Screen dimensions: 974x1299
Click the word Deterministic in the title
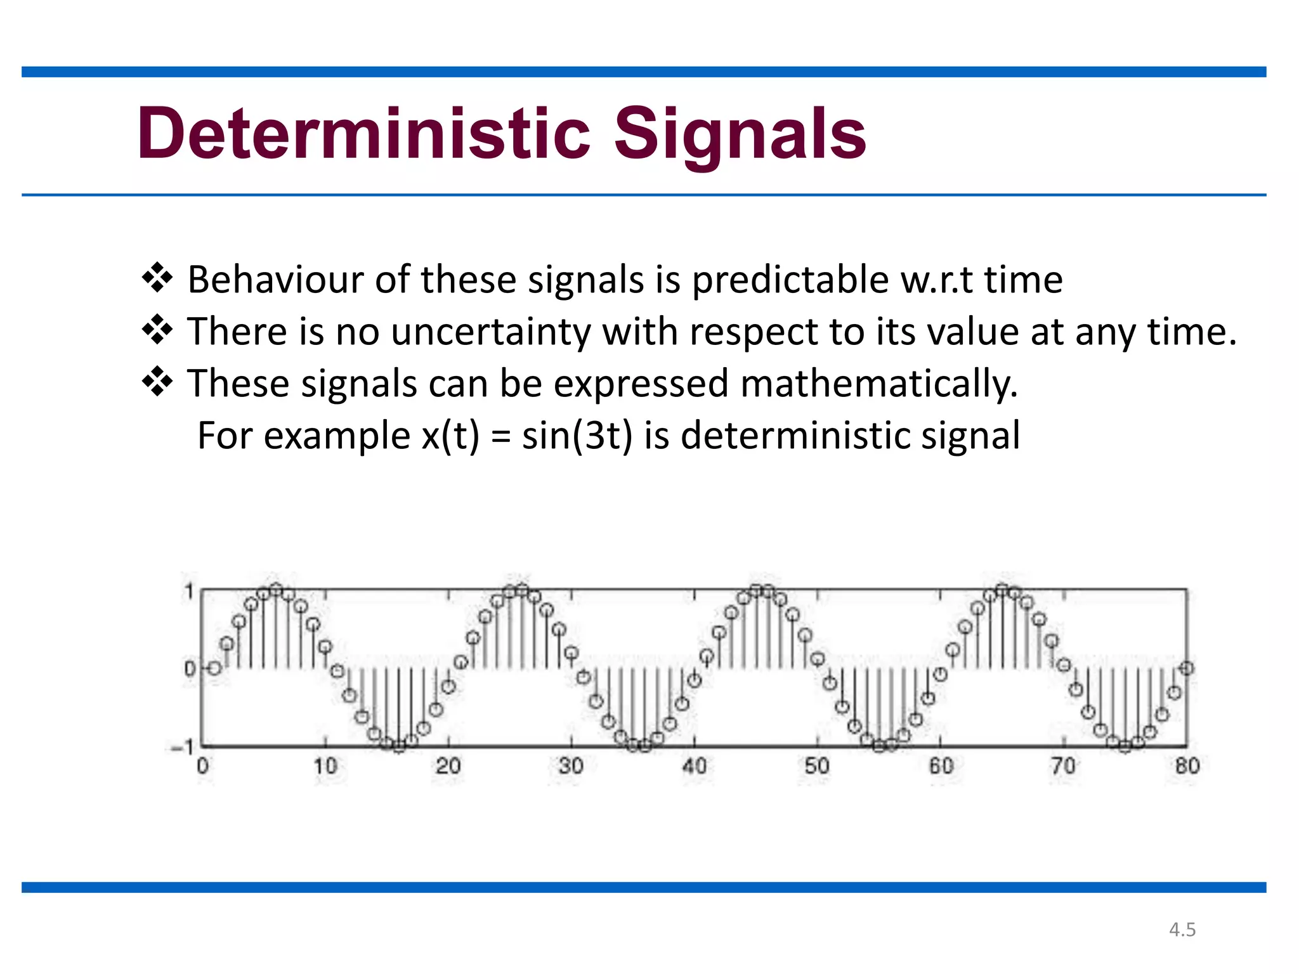(x=363, y=134)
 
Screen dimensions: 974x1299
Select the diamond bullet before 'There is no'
(x=157, y=330)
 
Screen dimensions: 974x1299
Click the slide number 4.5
(x=1182, y=930)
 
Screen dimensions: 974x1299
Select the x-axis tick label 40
(x=694, y=766)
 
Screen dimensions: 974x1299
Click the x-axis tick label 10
(x=325, y=766)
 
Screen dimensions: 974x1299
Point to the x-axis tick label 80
(x=1187, y=766)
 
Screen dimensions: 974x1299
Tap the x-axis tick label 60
(x=941, y=766)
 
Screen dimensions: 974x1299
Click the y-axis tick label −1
(x=183, y=748)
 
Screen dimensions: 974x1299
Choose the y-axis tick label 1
(x=188, y=592)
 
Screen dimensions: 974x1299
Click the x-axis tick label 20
(x=448, y=766)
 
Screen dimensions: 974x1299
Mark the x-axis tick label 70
(x=1064, y=766)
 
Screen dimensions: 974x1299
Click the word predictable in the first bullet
(x=790, y=280)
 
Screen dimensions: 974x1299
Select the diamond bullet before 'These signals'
(x=157, y=382)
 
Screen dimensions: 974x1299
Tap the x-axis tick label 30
(x=571, y=766)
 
